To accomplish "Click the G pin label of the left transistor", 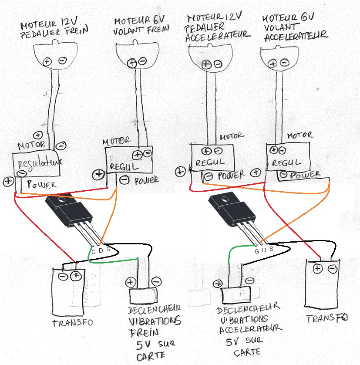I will pos(93,251).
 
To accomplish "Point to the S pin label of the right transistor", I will pos(271,249).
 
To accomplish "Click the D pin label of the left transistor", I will pos(101,251).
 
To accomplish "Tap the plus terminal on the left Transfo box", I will pos(77,276).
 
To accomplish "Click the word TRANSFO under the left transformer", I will pos(73,323).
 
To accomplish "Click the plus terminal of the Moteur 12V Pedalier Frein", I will pos(47,61).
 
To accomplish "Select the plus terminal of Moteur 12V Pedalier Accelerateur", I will pos(206,64).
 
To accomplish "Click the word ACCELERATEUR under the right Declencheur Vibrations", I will pos(250,328).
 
